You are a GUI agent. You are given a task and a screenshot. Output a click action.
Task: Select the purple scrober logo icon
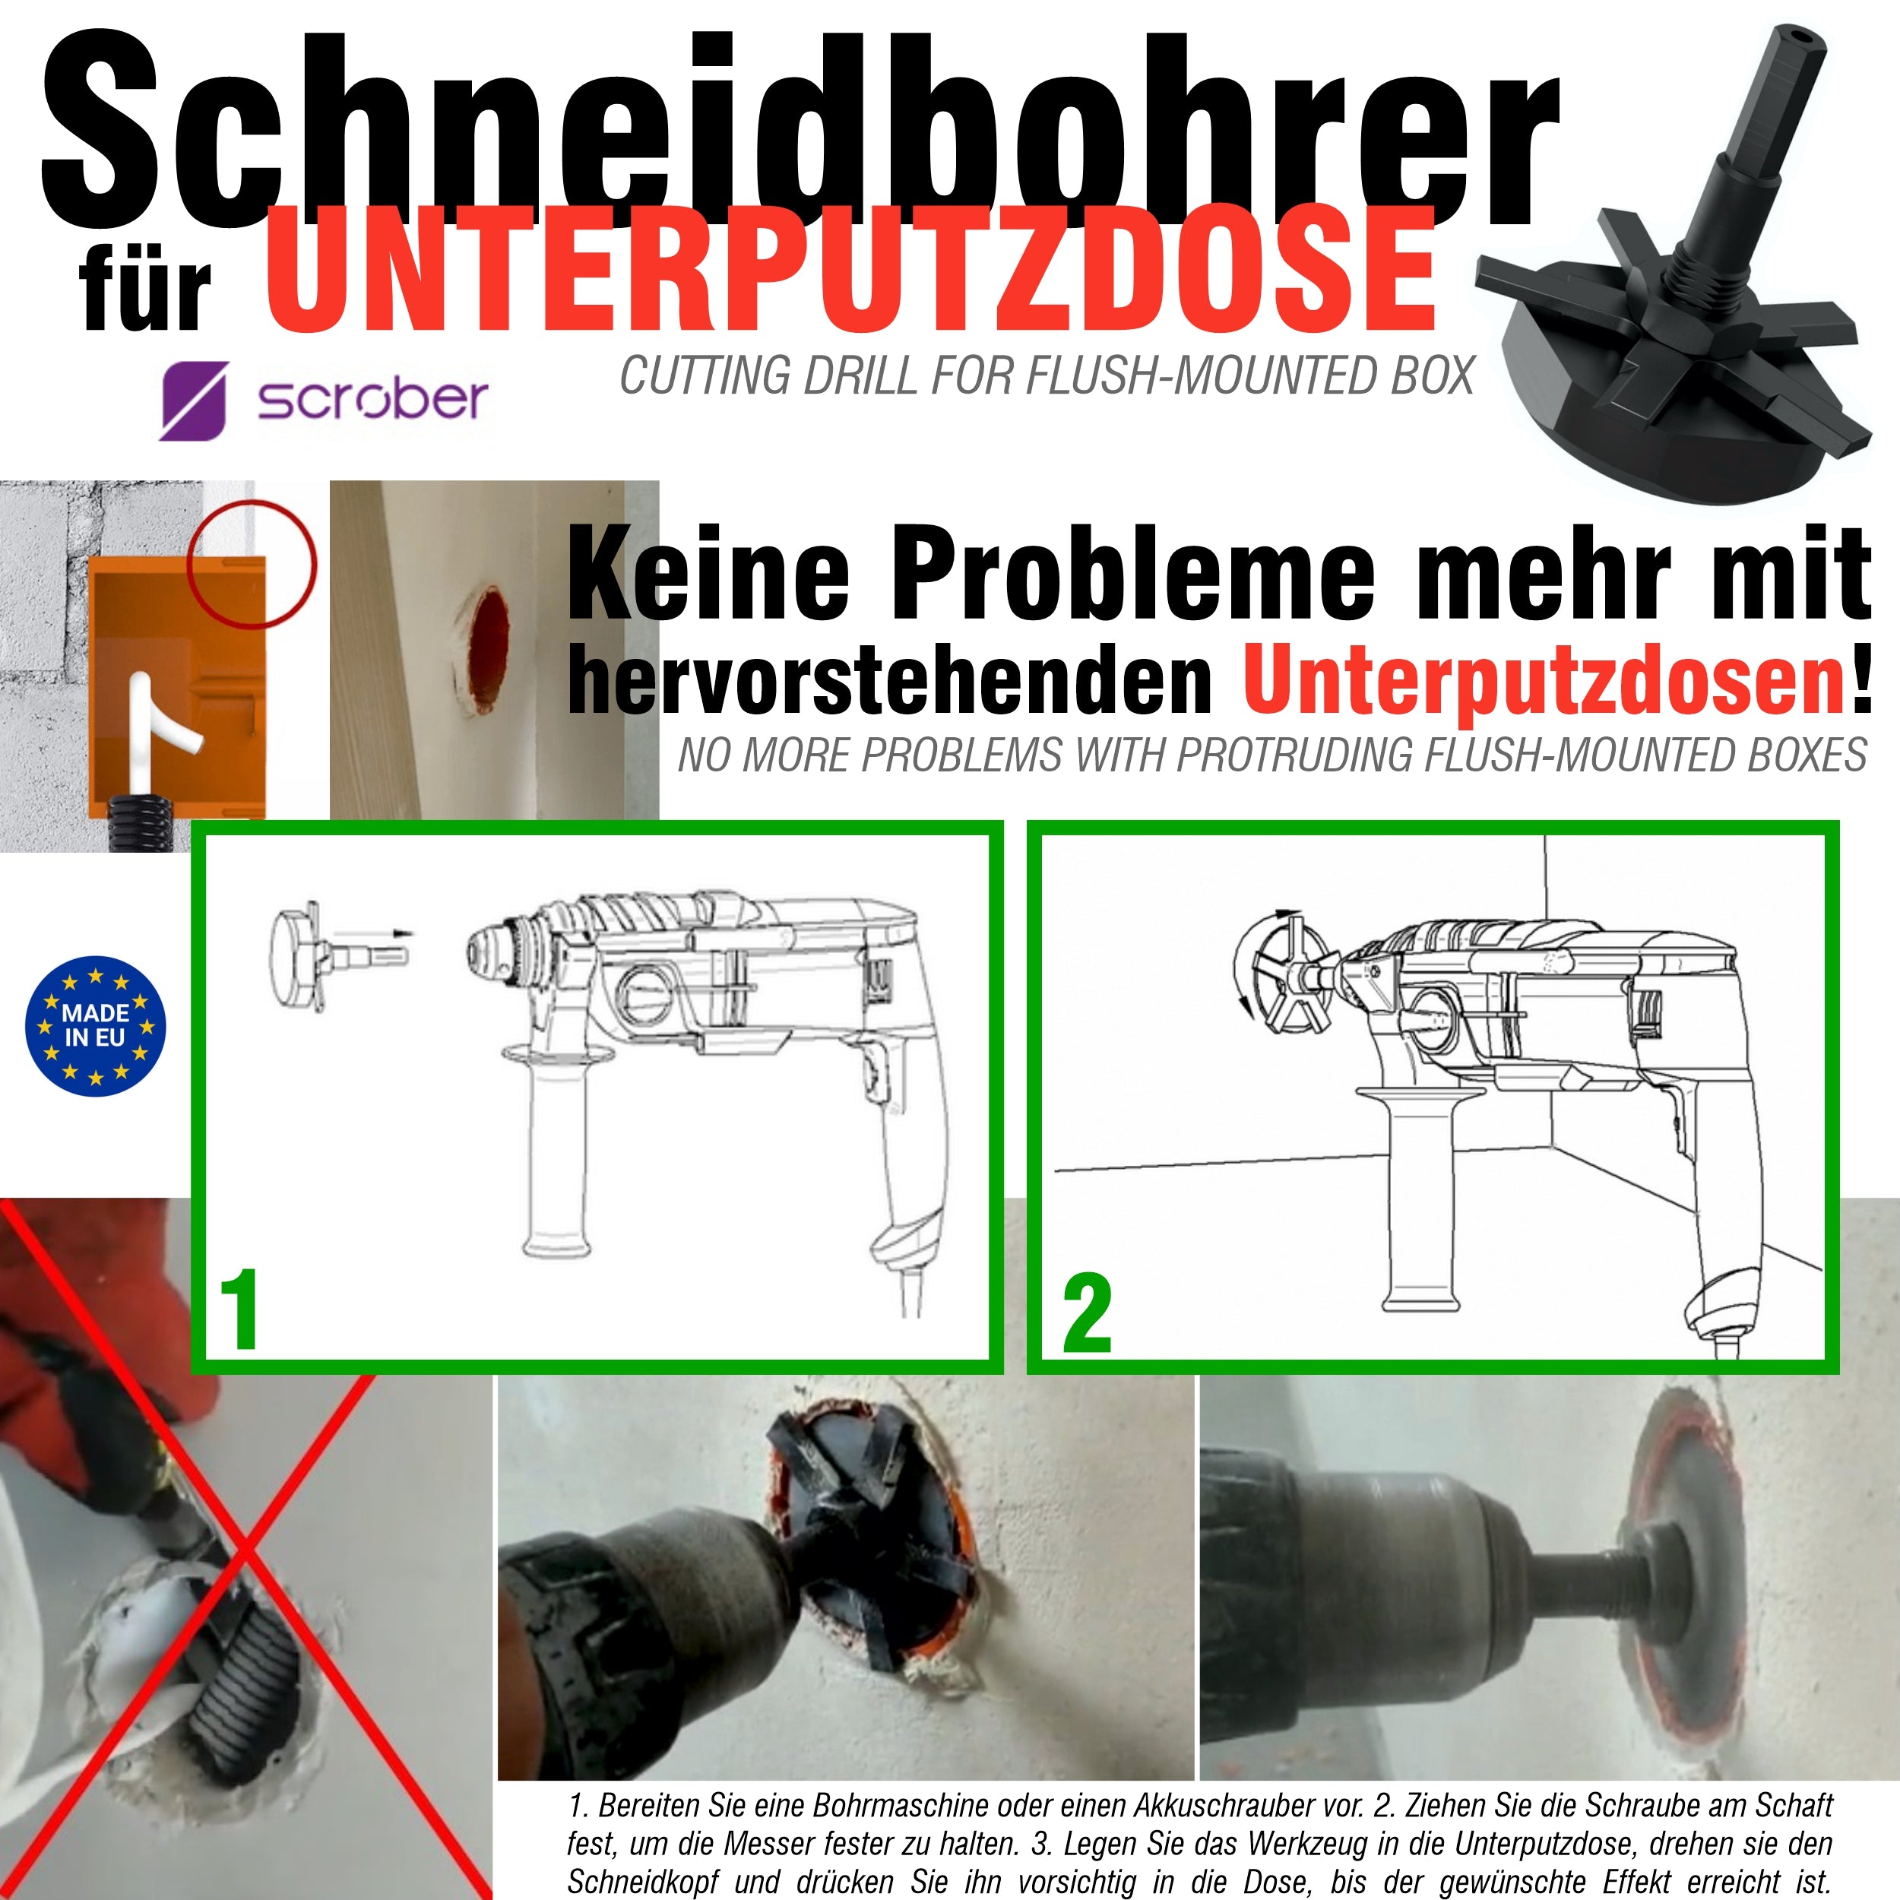point(194,401)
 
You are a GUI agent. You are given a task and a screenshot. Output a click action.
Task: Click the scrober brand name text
point(372,398)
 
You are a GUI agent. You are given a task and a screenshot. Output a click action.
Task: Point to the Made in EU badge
point(96,1026)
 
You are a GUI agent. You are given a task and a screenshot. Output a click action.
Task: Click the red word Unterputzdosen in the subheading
point(1544,679)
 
